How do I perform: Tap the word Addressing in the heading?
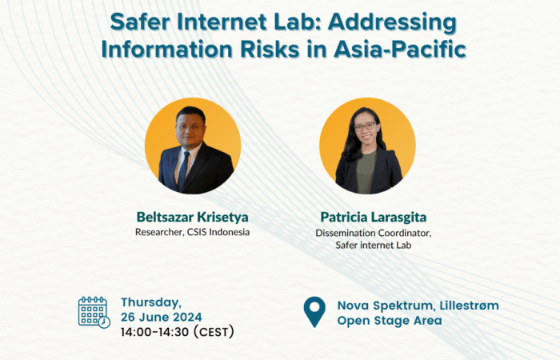(392, 23)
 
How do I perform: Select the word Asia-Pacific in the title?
(400, 50)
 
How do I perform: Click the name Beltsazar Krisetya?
(193, 217)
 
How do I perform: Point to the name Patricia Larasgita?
(374, 217)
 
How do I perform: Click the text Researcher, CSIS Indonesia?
(192, 232)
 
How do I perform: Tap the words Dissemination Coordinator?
(374, 233)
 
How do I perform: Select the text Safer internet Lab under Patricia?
(374, 245)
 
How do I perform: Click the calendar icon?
(94, 312)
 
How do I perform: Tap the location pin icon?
(314, 310)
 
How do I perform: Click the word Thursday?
(151, 303)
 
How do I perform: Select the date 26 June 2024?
(161, 317)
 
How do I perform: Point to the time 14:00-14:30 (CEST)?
(177, 332)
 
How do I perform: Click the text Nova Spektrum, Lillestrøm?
(418, 306)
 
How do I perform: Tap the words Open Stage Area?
(390, 321)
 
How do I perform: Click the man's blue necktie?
(183, 170)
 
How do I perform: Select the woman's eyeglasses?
(364, 126)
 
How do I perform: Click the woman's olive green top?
(366, 171)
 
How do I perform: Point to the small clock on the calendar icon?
(104, 322)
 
